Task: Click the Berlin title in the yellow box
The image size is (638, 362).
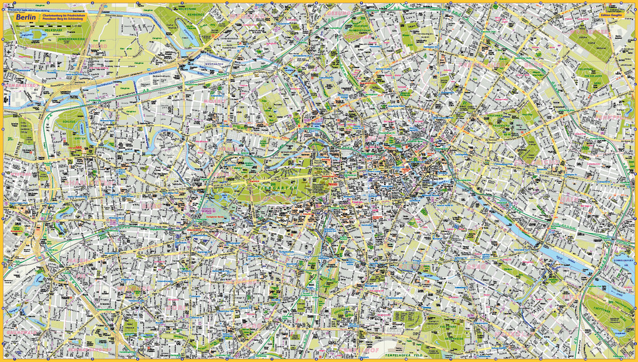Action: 24,18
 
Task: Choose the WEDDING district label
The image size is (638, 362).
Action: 216,100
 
